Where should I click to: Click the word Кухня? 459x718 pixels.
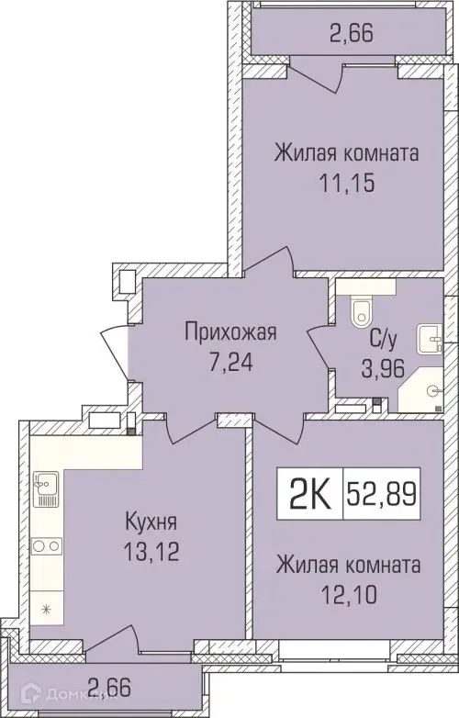(151, 522)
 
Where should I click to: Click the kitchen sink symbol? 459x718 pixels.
(45, 485)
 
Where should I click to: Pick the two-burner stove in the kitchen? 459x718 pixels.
(45, 545)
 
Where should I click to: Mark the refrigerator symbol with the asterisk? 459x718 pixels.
(45, 608)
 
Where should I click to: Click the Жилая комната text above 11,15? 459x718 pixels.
(346, 152)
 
